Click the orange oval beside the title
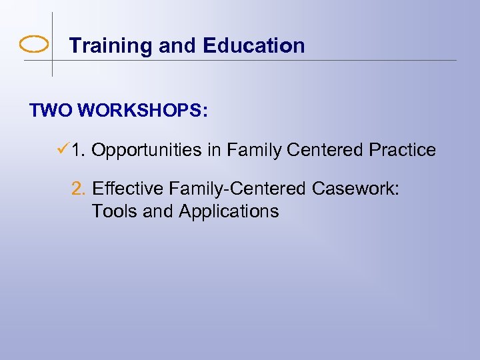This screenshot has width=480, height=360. pos(34,45)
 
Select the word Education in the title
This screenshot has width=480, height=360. pos(254,45)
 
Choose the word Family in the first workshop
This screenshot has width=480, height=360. pos(254,151)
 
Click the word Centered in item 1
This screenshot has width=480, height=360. pos(325,151)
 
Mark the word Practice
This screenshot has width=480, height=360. pos(402,151)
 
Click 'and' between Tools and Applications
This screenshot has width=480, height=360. pos(157,212)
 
